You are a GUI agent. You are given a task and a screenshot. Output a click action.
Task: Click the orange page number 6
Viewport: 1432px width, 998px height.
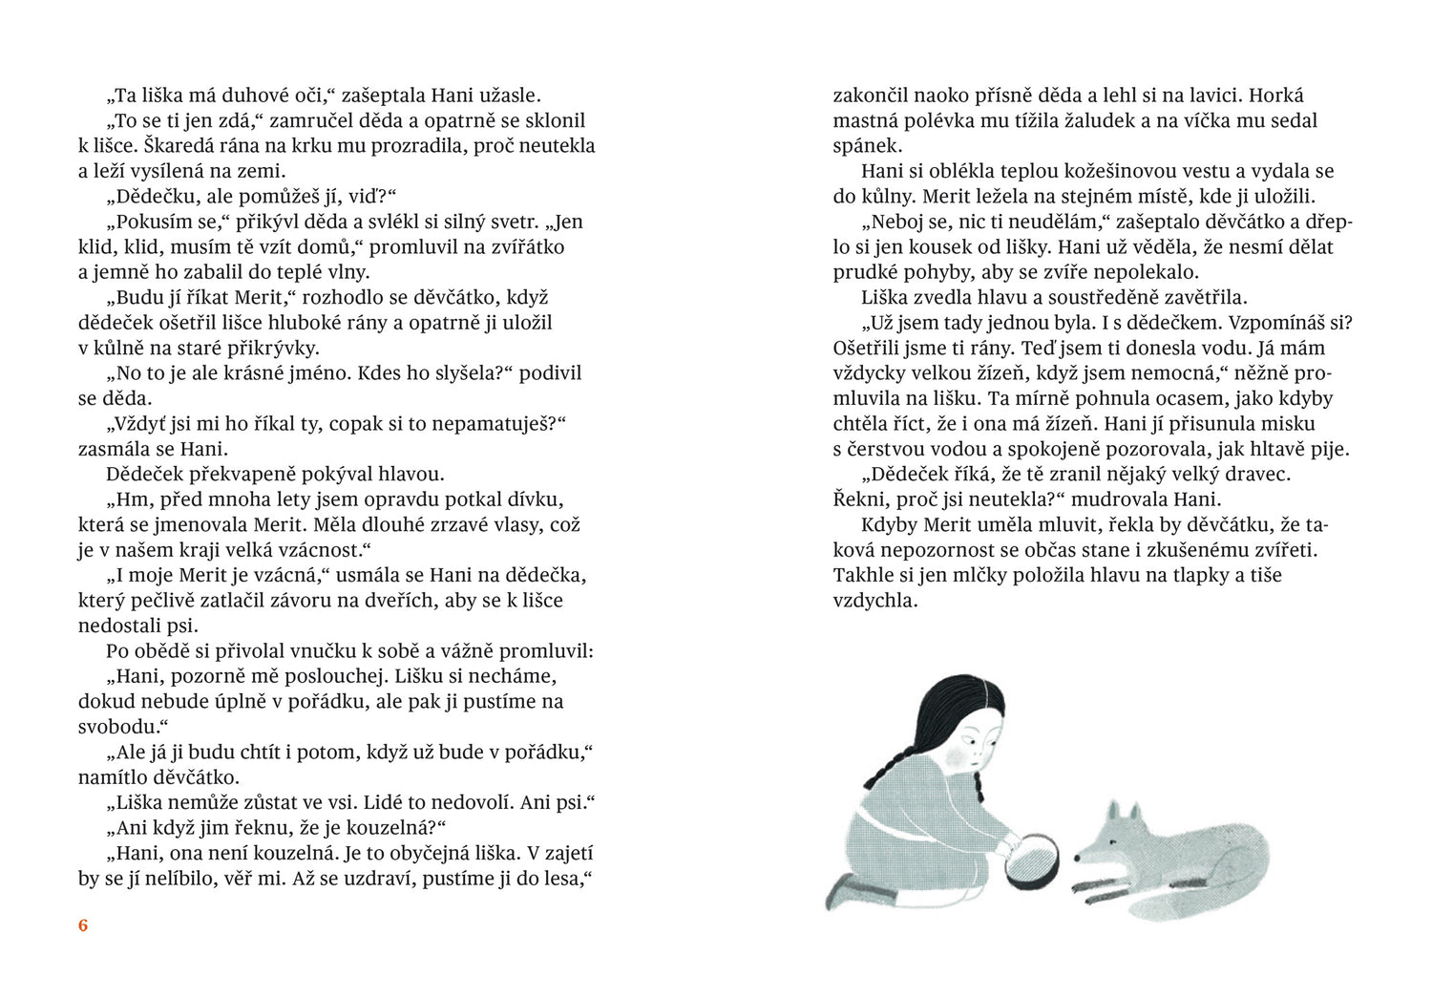tap(83, 925)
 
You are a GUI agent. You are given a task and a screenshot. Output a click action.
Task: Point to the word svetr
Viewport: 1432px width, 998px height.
tap(512, 222)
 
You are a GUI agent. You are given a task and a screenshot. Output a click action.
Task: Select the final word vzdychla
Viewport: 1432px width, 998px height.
tap(874, 601)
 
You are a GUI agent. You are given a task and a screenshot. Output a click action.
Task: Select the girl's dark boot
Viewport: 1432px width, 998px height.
tap(850, 893)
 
